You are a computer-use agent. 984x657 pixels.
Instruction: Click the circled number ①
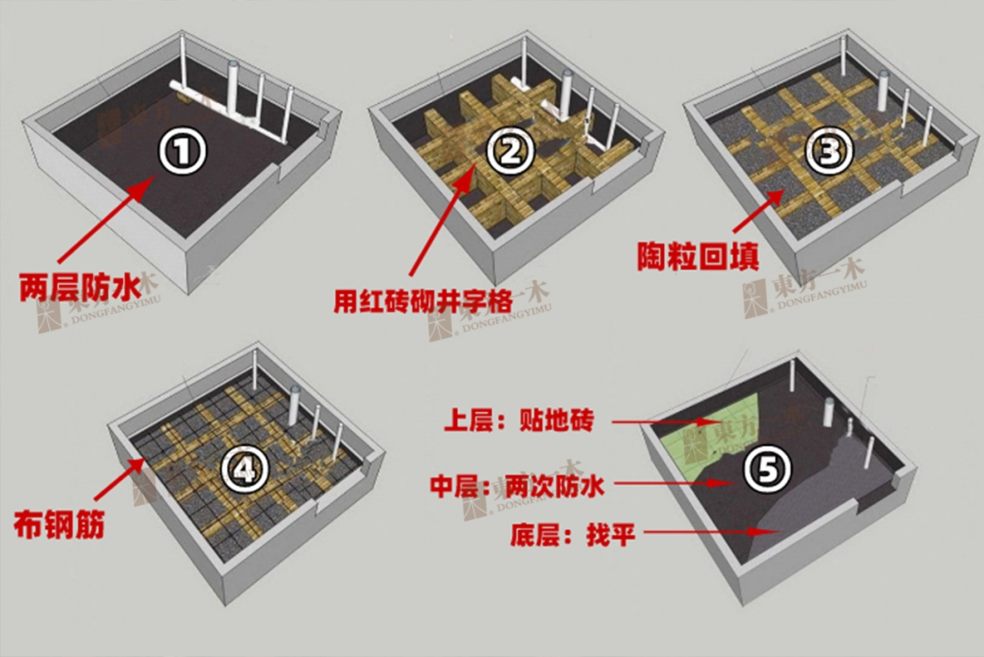[x=184, y=152]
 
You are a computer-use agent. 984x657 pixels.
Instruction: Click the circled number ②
[x=507, y=152]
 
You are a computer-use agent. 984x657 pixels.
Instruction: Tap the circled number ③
[x=828, y=152]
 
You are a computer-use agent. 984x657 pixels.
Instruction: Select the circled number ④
[x=244, y=470]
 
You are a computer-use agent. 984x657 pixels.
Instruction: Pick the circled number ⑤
[x=764, y=470]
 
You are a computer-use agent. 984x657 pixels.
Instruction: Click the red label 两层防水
[x=80, y=288]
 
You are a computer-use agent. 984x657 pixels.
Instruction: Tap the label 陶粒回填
[x=698, y=256]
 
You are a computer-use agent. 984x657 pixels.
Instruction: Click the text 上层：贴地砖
[x=518, y=421]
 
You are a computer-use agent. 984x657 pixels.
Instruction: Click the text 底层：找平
[x=573, y=534]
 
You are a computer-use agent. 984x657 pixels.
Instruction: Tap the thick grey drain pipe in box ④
[x=294, y=406]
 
